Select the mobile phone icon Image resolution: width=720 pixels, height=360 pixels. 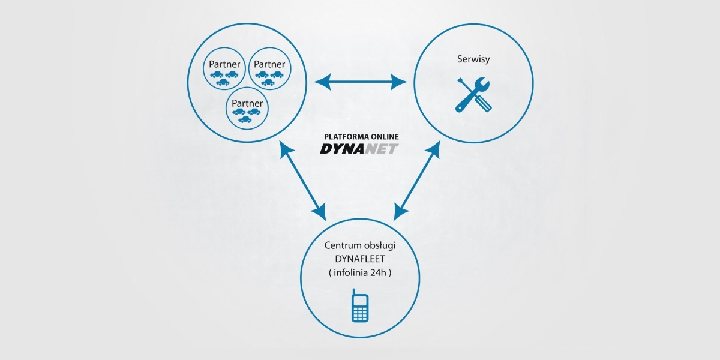tap(359, 305)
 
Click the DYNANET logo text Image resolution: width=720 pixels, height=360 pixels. tap(359, 148)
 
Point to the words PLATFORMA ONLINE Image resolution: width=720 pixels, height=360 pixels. tap(359, 137)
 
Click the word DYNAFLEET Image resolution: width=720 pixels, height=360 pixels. tap(359, 259)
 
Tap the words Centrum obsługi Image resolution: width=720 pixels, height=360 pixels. tap(359, 246)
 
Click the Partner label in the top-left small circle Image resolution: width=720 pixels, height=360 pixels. tap(224, 64)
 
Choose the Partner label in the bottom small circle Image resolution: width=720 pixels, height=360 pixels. tap(247, 103)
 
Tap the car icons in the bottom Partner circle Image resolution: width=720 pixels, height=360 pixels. tap(246, 115)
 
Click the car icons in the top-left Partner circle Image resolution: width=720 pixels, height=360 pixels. tap(224, 77)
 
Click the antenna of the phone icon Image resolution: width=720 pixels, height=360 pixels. tap(355, 292)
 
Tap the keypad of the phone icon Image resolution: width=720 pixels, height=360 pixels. tap(359, 313)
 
